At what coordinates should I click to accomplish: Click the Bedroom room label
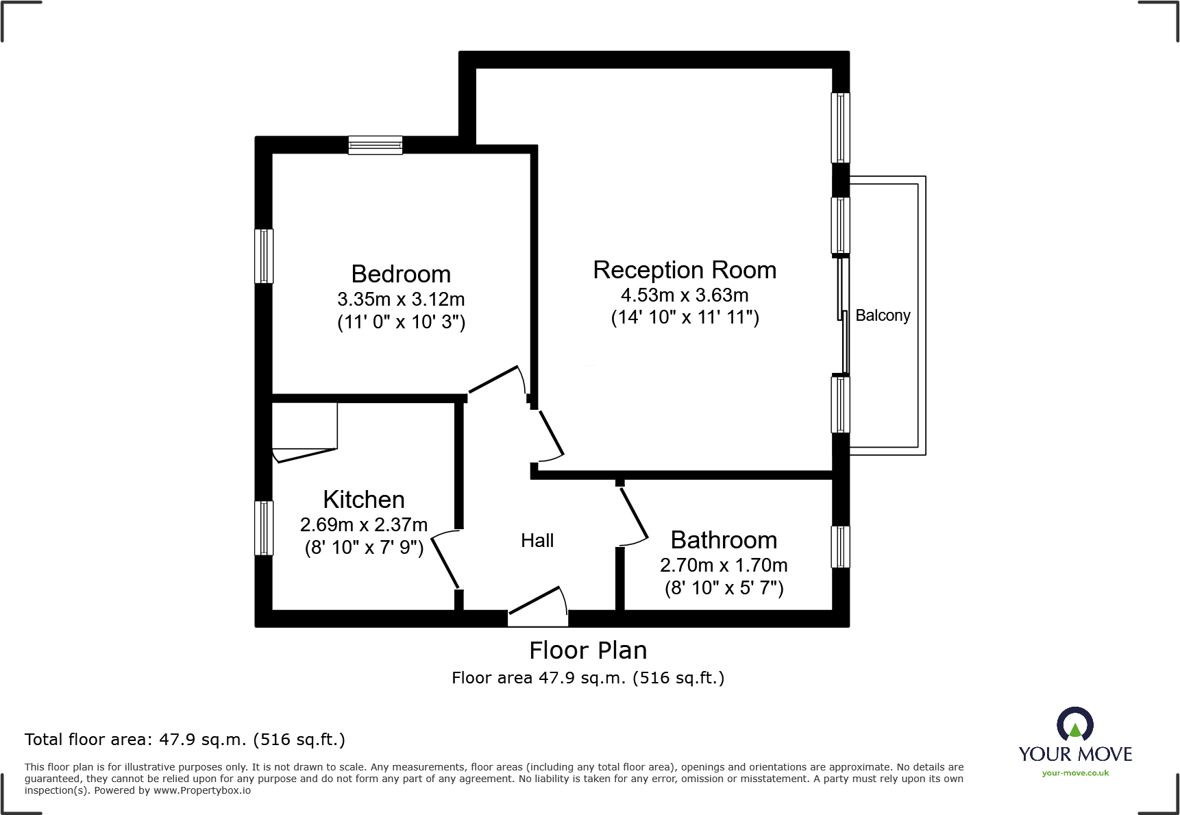pyautogui.click(x=401, y=274)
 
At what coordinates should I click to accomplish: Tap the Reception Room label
pyautogui.click(x=685, y=270)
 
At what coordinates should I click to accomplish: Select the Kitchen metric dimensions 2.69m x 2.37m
pyautogui.click(x=364, y=525)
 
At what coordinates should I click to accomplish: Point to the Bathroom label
pyautogui.click(x=724, y=540)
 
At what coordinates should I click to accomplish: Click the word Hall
pyautogui.click(x=537, y=541)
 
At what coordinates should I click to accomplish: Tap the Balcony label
pyautogui.click(x=883, y=315)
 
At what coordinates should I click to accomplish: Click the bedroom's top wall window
pyautogui.click(x=375, y=145)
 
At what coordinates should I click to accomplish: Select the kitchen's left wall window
pyautogui.click(x=264, y=528)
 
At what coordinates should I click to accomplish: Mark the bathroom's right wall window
pyautogui.click(x=840, y=547)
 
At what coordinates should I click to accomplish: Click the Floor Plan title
pyautogui.click(x=588, y=650)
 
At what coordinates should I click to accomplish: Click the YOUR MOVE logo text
pyautogui.click(x=1075, y=754)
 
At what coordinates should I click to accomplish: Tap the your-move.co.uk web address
pyautogui.click(x=1075, y=773)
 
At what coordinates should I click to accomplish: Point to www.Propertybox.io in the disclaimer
pyautogui.click(x=201, y=791)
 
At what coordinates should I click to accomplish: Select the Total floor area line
pyautogui.click(x=185, y=740)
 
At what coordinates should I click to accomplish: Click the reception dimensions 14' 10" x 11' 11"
pyautogui.click(x=685, y=318)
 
